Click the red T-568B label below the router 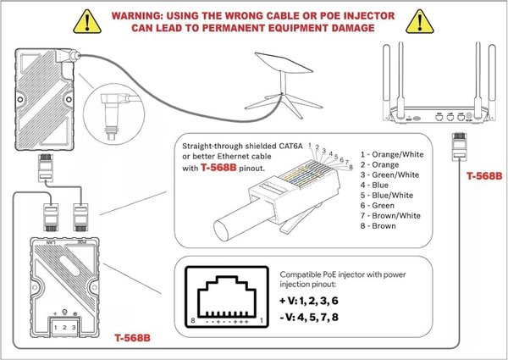coord(485,177)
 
